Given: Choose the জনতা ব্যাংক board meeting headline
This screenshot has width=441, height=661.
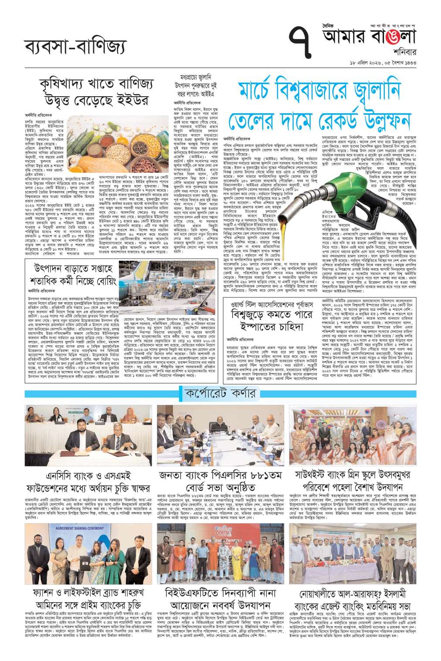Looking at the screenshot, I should tap(220, 480).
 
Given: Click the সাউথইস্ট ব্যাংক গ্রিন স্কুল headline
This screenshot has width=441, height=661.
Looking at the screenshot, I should tap(352, 480).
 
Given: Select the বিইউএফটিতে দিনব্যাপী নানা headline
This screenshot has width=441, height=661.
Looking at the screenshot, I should tap(220, 599).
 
